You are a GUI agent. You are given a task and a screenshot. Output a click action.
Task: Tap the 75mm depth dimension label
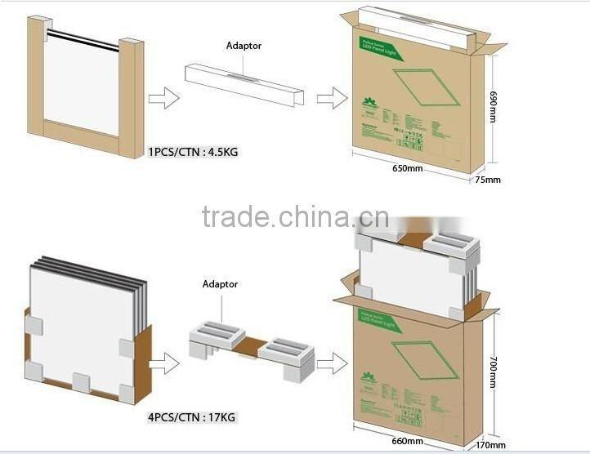pos(488,179)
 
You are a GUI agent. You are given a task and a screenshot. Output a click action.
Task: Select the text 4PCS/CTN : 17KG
pos(192,418)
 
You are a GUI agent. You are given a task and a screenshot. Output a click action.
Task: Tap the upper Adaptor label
pos(244,46)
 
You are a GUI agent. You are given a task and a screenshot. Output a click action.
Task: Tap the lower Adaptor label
pos(220,284)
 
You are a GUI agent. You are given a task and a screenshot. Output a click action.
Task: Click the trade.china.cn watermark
pos(295,218)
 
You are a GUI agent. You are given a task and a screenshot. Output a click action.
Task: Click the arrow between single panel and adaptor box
pos(163,100)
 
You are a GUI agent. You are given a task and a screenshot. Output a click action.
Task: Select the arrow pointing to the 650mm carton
pos(331,100)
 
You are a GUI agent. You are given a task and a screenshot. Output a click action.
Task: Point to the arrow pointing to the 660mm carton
pos(331,363)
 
